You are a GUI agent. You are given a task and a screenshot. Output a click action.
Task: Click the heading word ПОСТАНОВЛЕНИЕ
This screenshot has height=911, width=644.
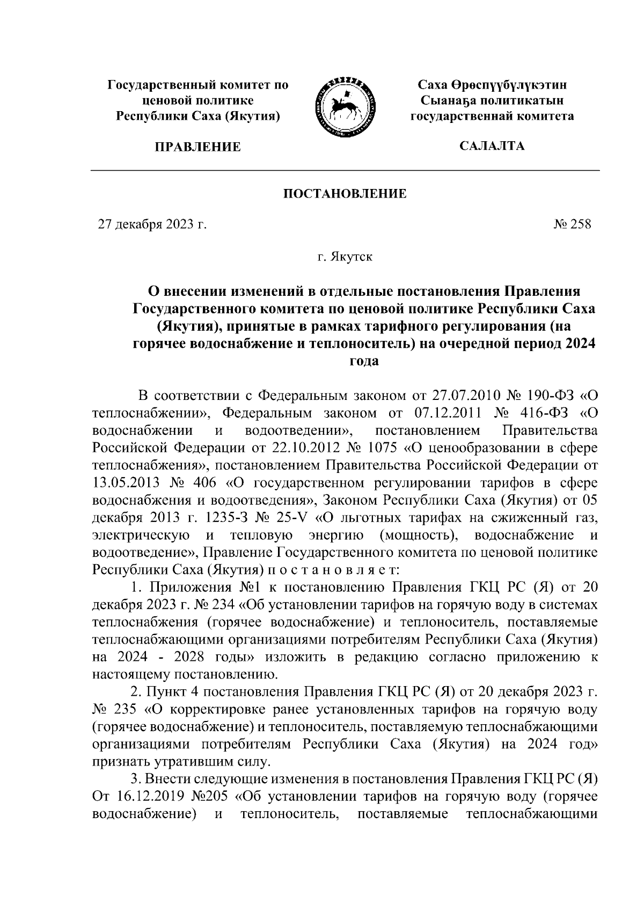tap(345, 193)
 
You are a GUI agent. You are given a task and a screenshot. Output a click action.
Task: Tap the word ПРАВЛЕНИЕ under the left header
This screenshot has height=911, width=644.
tap(197, 147)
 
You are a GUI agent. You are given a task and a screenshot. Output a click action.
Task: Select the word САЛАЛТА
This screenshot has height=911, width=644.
tap(492, 145)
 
